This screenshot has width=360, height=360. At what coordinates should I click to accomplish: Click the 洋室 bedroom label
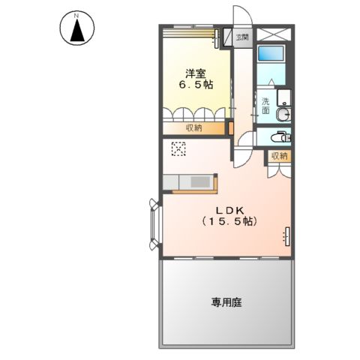[196, 73]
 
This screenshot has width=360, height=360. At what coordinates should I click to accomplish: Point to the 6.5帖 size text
[196, 85]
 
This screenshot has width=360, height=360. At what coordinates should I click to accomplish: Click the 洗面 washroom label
[265, 106]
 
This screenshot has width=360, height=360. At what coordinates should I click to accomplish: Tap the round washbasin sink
[281, 115]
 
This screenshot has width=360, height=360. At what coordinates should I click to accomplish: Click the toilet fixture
[279, 137]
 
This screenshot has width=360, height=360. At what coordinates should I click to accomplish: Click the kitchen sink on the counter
[200, 181]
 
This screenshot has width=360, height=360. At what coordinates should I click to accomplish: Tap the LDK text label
[229, 210]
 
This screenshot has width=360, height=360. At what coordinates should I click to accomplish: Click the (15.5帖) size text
[229, 222]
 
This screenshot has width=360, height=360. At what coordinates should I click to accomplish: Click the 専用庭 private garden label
[226, 303]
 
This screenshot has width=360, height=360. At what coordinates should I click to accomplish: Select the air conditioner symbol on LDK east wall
[286, 235]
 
